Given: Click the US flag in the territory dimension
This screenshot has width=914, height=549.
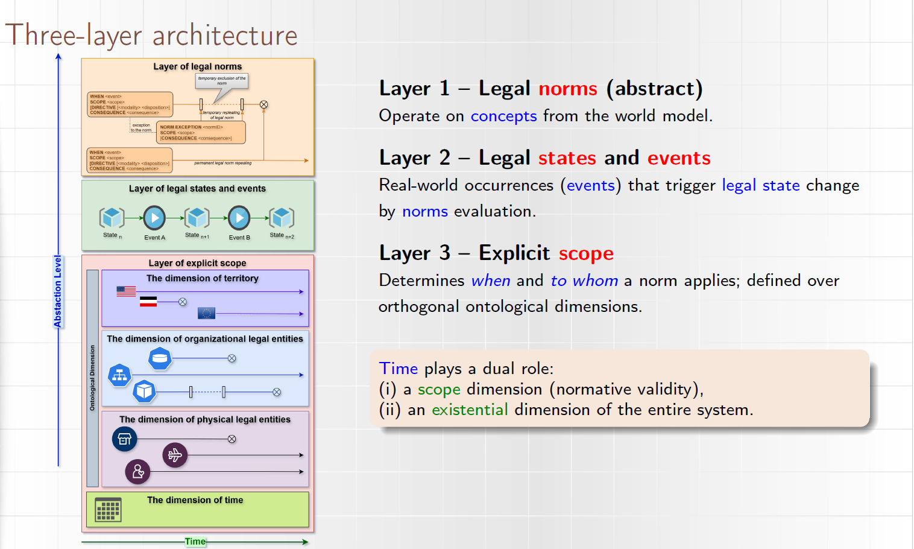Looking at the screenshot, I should (x=126, y=291).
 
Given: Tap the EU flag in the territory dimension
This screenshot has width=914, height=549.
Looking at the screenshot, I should (x=206, y=313).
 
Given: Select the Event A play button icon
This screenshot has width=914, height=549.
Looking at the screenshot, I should (x=154, y=218).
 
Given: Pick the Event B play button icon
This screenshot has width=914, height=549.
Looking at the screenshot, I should (x=239, y=218).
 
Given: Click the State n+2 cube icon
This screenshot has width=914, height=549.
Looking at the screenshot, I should (x=282, y=218).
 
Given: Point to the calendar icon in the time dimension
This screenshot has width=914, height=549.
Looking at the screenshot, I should (x=109, y=510).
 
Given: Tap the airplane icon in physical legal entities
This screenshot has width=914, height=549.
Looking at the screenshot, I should (x=175, y=455).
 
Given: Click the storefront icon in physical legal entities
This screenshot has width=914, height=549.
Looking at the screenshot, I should (x=125, y=439).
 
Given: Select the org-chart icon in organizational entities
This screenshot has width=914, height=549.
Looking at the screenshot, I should (x=119, y=375).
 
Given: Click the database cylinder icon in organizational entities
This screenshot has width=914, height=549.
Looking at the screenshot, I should (x=160, y=358).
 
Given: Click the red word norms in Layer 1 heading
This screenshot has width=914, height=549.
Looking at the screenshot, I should (x=567, y=89).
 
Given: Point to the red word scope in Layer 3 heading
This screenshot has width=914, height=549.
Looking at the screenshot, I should (x=586, y=253).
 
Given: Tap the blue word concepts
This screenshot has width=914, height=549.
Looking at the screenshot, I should (x=503, y=116).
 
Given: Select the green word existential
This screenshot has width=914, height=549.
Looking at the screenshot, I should (x=470, y=410).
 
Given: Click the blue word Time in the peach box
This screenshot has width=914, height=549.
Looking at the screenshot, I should (x=399, y=369).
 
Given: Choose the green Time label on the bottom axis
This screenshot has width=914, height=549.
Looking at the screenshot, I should (x=195, y=542).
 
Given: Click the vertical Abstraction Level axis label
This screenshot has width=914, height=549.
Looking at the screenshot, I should (x=58, y=291).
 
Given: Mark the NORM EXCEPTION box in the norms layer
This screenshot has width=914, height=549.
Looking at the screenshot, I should (x=201, y=133).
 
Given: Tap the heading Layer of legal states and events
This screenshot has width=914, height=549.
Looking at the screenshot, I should (x=197, y=189).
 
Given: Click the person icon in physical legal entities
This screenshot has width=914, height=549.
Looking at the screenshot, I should (x=137, y=471).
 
